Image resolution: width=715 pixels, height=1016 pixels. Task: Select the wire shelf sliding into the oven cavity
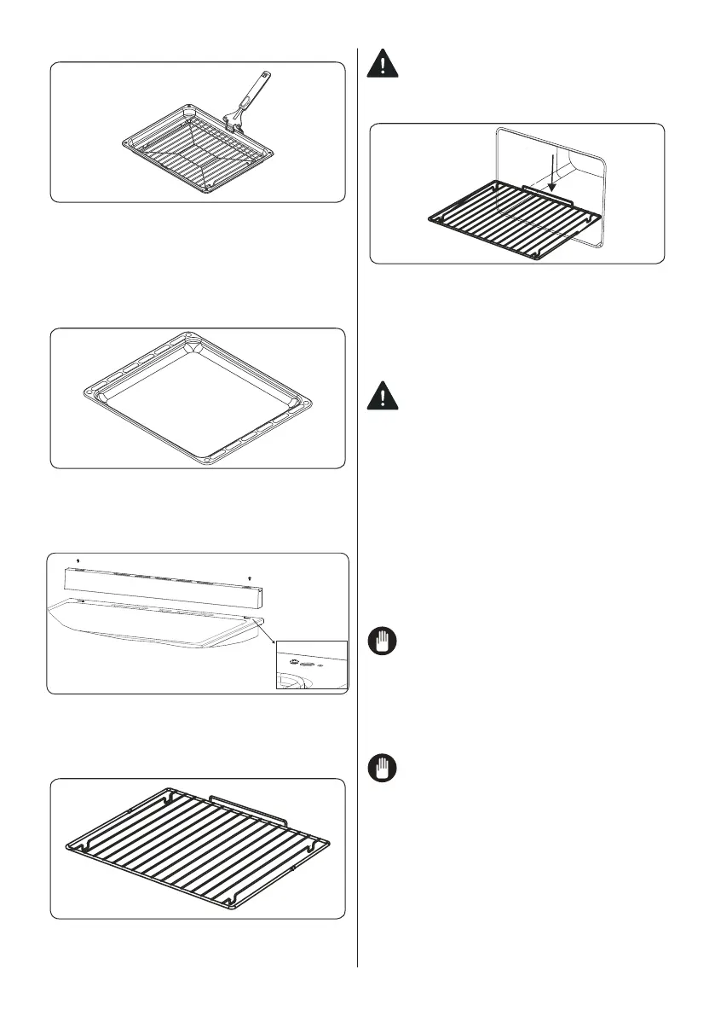[503, 220]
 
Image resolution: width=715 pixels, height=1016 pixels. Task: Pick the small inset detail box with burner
[312, 664]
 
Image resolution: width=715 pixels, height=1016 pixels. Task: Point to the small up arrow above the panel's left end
[78, 560]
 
